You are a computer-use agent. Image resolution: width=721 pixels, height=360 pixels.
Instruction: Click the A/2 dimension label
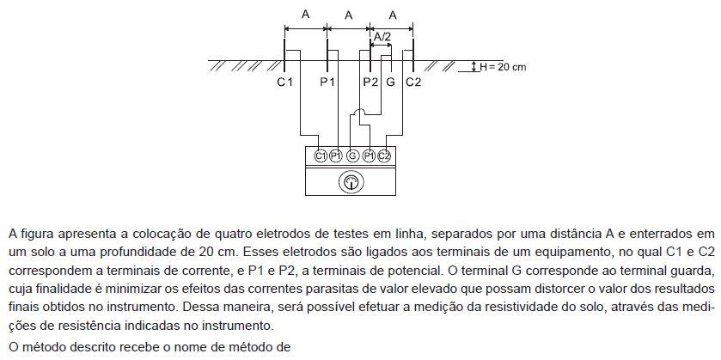[x=382, y=37]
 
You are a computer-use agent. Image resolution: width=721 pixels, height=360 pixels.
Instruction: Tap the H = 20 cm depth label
[x=503, y=67]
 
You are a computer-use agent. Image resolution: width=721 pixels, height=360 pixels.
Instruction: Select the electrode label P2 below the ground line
[x=370, y=82]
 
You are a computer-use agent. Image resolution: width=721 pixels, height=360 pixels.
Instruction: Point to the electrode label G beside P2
[x=390, y=82]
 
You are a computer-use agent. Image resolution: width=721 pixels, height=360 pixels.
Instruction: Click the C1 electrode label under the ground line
[x=284, y=82]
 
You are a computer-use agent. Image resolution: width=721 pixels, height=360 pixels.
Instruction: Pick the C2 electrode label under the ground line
[x=413, y=82]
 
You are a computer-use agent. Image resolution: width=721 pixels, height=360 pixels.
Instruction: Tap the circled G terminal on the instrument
[x=352, y=156]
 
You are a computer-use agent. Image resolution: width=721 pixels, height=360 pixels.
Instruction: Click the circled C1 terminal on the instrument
[x=321, y=156]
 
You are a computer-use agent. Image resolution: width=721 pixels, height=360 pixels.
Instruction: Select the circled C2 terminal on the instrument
[x=384, y=156]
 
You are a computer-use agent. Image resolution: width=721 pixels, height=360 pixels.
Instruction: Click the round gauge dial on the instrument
[x=351, y=182]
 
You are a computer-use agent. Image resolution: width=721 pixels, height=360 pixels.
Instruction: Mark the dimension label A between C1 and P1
[x=305, y=15]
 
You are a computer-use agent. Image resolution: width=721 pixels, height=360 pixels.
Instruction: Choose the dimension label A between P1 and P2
[x=349, y=15]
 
